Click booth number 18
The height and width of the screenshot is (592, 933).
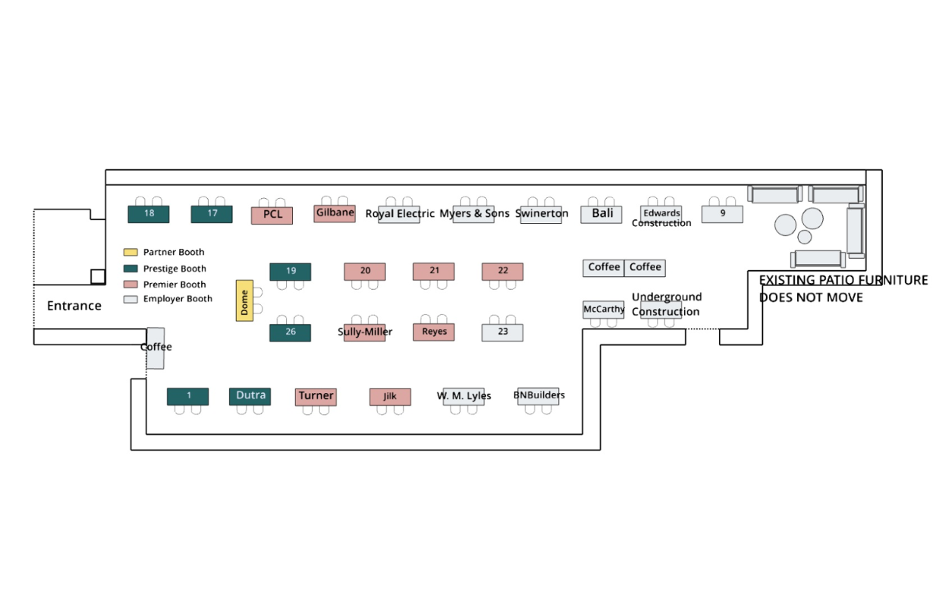[x=149, y=214]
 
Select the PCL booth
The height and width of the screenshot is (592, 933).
[x=272, y=216]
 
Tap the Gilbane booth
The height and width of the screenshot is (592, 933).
[x=335, y=213]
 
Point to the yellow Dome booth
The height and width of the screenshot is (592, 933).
[x=244, y=301]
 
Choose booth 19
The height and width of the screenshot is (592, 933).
[x=291, y=272]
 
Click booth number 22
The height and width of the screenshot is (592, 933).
[x=503, y=272]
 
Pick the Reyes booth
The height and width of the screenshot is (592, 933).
[x=434, y=332]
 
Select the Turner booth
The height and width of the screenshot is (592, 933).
[x=316, y=397]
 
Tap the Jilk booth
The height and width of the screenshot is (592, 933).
[x=391, y=397]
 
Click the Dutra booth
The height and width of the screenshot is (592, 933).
[x=250, y=396]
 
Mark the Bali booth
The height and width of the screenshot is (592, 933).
[x=602, y=214]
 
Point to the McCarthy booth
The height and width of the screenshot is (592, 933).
[x=604, y=310]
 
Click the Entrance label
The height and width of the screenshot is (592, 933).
[x=74, y=306]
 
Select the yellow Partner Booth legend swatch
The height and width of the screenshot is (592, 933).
[x=130, y=252]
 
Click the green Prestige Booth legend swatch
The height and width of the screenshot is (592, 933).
[x=130, y=269]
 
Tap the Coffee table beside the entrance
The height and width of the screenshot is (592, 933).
[x=155, y=348]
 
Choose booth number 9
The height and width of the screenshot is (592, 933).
[x=722, y=214]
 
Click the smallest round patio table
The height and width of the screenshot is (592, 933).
[x=805, y=237]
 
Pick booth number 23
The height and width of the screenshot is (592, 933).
[x=503, y=332]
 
